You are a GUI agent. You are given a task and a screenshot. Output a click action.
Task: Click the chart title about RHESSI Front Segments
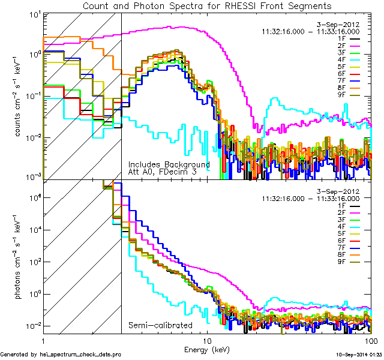click(x=207, y=5)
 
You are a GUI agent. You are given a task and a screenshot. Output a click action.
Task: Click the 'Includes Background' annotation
click(x=169, y=164)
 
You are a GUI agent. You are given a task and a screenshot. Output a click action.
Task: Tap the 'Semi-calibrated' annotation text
click(x=160, y=326)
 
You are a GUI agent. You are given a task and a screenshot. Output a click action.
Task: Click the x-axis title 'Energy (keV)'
click(x=207, y=349)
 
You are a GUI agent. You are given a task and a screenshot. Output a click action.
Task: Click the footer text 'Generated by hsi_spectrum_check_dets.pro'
click(x=61, y=355)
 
